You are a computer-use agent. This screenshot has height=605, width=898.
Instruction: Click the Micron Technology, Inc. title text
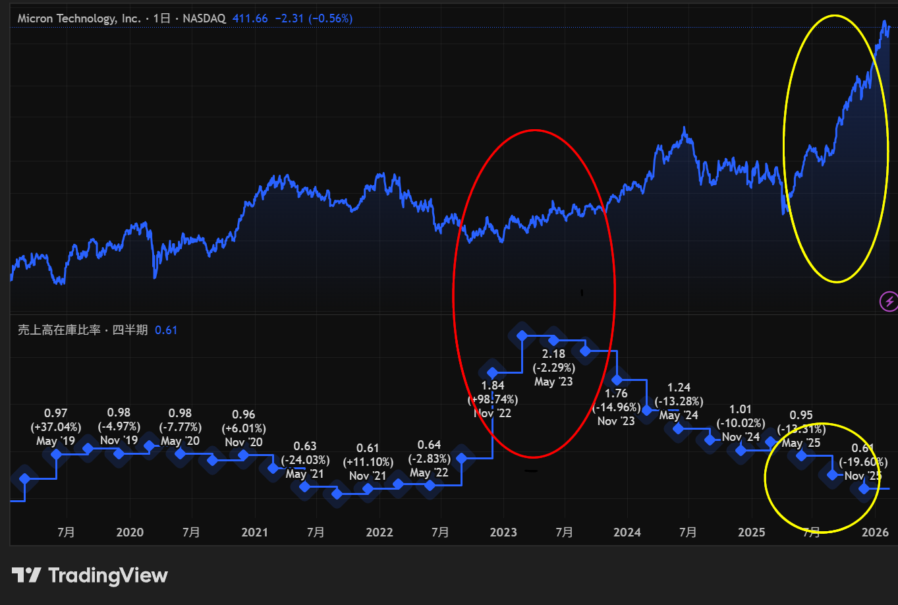(79, 18)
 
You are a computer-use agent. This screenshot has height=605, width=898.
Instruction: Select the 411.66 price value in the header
(250, 18)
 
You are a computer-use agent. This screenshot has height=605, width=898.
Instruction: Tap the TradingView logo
(90, 575)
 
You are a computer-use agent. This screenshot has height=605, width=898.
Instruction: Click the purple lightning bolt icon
(889, 302)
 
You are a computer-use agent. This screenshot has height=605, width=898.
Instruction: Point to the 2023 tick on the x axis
(503, 532)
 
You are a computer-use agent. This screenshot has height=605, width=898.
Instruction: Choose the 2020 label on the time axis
(130, 532)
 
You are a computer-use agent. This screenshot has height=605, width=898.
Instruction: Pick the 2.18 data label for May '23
(553, 354)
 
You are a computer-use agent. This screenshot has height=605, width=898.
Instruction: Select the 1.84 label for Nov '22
(493, 386)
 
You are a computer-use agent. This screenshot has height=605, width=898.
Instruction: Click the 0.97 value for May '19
(56, 413)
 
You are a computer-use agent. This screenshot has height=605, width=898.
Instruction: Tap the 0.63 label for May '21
(305, 446)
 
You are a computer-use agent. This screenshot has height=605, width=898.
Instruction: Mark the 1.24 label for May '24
(679, 388)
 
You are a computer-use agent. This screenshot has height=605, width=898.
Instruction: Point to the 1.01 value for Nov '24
(741, 409)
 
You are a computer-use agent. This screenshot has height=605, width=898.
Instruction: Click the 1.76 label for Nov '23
(616, 393)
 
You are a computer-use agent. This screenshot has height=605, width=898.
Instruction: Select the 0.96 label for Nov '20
(244, 415)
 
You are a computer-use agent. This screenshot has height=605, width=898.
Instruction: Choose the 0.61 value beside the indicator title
(166, 330)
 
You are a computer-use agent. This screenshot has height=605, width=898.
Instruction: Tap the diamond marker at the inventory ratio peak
(522, 336)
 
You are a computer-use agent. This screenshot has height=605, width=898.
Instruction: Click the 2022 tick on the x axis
(379, 532)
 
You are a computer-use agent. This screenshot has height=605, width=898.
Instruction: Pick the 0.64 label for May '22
(430, 445)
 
